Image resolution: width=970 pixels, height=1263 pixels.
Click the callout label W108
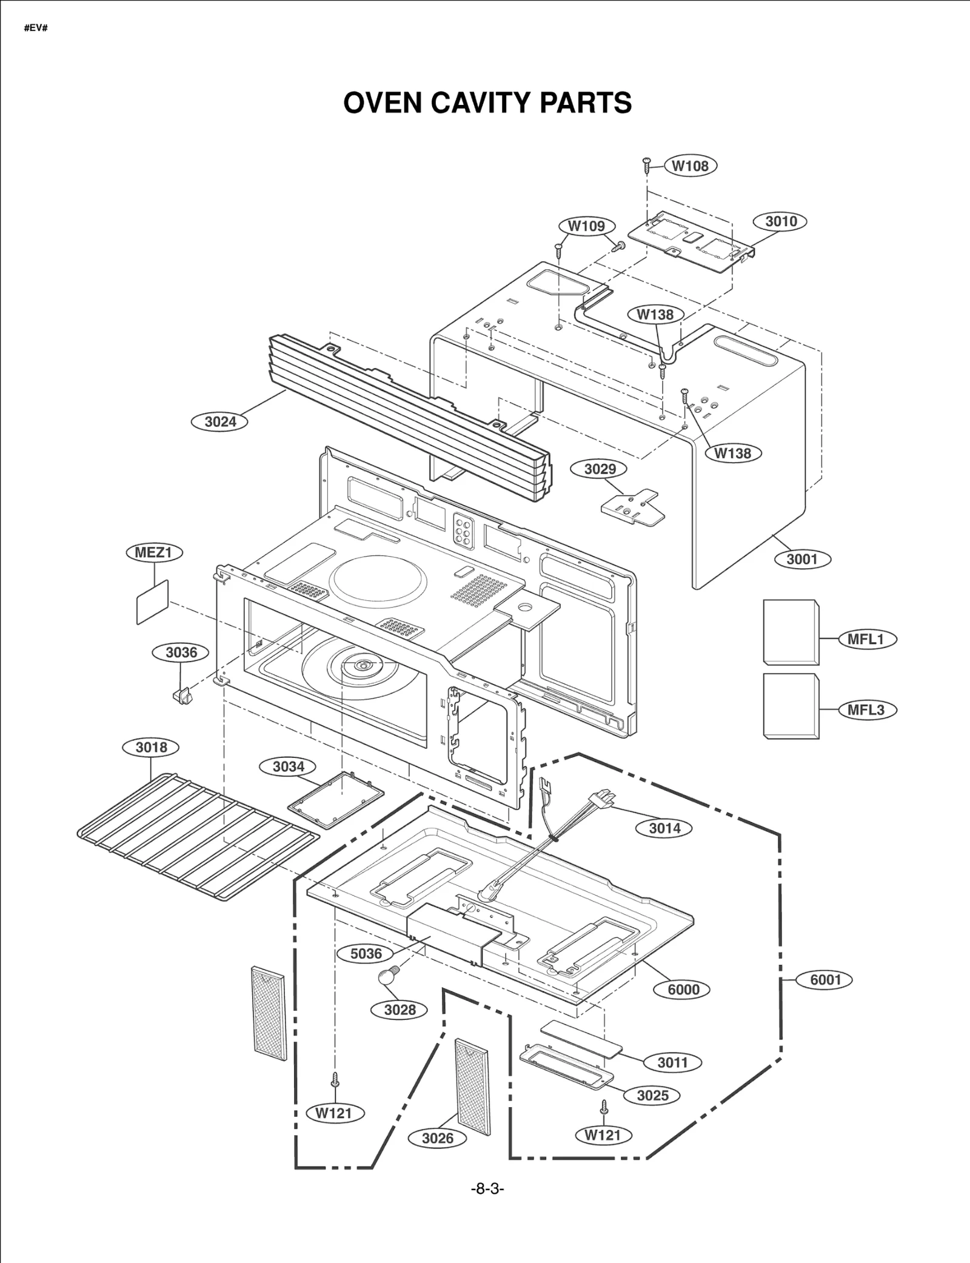coord(690,166)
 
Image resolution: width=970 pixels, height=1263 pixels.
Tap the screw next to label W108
coord(647,164)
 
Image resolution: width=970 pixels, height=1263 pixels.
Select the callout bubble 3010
coord(780,221)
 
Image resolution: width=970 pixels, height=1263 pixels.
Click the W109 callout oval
coord(586,226)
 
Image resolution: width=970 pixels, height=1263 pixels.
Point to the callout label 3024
coord(219,421)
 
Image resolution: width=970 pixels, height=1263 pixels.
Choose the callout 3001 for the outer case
coord(802,559)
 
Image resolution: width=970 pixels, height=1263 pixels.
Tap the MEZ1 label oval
coord(154,552)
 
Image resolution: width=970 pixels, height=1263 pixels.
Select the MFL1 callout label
coord(866,639)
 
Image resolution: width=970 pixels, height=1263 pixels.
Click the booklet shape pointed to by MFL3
coord(791,706)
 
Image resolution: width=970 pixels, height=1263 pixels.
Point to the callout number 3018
coord(151,747)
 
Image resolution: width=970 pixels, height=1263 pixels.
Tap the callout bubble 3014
coord(664,828)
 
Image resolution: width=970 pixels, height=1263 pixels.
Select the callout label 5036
coord(366,953)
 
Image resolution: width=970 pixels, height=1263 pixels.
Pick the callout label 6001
coord(826,980)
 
